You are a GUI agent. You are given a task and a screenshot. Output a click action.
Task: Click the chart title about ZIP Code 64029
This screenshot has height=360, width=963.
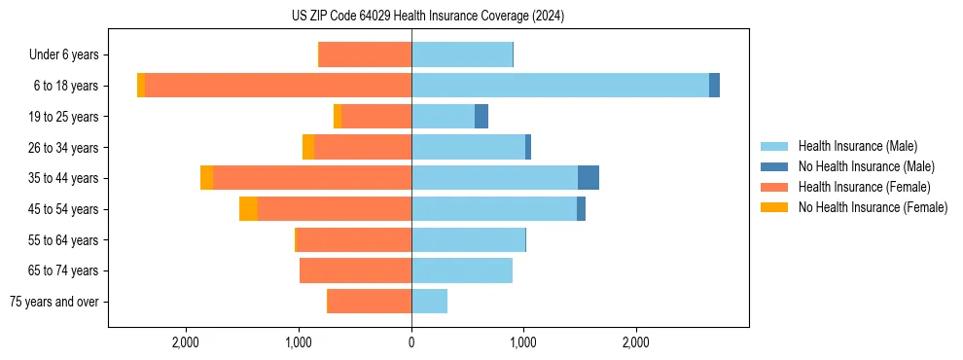coord(428,17)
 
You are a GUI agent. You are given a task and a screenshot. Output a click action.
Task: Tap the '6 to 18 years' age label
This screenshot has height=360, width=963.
coord(65,86)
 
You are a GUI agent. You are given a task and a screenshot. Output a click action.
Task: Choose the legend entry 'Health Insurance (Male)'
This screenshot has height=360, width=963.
coord(857,146)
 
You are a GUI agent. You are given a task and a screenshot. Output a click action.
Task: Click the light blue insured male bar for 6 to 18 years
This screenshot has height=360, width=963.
coord(559,86)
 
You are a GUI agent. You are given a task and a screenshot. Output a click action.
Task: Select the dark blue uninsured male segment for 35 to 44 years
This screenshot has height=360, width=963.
coord(588,178)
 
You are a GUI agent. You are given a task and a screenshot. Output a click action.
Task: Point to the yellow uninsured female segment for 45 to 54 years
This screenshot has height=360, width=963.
coord(248,209)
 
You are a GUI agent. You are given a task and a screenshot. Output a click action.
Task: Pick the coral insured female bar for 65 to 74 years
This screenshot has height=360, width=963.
coord(355,270)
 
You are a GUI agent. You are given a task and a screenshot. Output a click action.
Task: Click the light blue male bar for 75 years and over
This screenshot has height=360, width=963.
coord(429,302)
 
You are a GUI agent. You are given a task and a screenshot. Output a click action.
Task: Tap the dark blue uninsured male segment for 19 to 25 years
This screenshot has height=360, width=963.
coord(481,117)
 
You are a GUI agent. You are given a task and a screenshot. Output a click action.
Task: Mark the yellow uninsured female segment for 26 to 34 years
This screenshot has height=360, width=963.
coord(308,147)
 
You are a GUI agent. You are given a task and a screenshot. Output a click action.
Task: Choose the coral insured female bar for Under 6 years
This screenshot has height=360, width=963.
coord(365,54)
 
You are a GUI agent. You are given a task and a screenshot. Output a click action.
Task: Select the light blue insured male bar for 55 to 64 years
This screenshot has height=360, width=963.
coord(468,239)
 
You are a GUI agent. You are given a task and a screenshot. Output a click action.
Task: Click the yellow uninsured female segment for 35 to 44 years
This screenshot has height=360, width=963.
coord(206,178)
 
